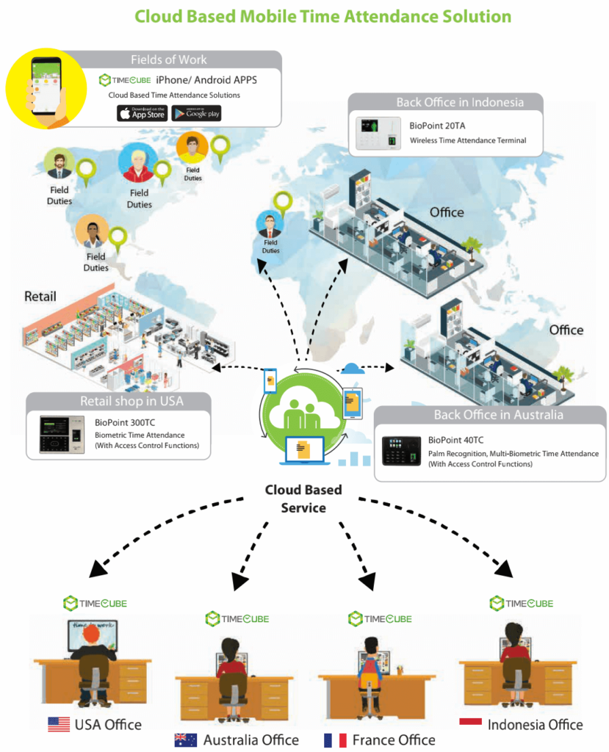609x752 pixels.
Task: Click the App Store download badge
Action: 142,113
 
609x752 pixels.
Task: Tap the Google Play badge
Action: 196,113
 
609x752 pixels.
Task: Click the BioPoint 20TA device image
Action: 378,133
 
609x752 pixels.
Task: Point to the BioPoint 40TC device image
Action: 401,451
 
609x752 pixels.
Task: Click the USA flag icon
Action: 59,725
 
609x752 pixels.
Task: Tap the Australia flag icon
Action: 185,740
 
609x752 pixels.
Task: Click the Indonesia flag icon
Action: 470,723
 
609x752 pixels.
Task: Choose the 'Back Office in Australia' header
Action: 488,415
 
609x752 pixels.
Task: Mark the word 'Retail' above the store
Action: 40,297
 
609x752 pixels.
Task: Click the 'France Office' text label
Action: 394,740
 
